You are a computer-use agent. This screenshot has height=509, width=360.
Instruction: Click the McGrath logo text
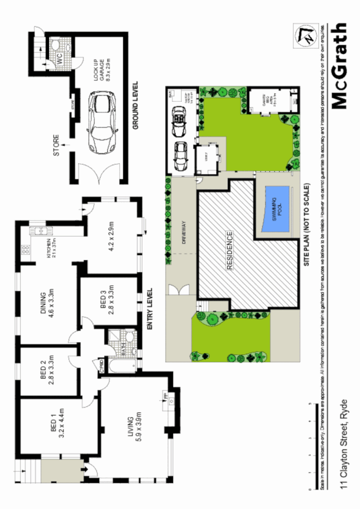[x=340, y=66]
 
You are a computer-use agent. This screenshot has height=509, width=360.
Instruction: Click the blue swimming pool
[x=275, y=210]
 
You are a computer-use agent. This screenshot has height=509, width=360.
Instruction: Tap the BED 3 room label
[x=106, y=304]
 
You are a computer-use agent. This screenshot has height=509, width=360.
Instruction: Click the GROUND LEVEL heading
[x=136, y=108]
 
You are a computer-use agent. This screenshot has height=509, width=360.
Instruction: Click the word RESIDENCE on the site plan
[x=230, y=250]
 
